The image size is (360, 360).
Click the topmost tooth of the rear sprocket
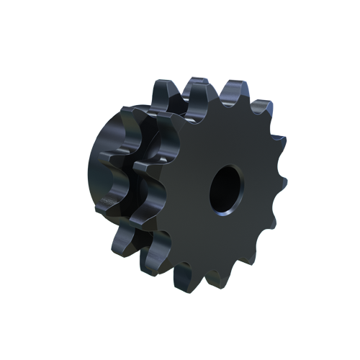tap(163, 92)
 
